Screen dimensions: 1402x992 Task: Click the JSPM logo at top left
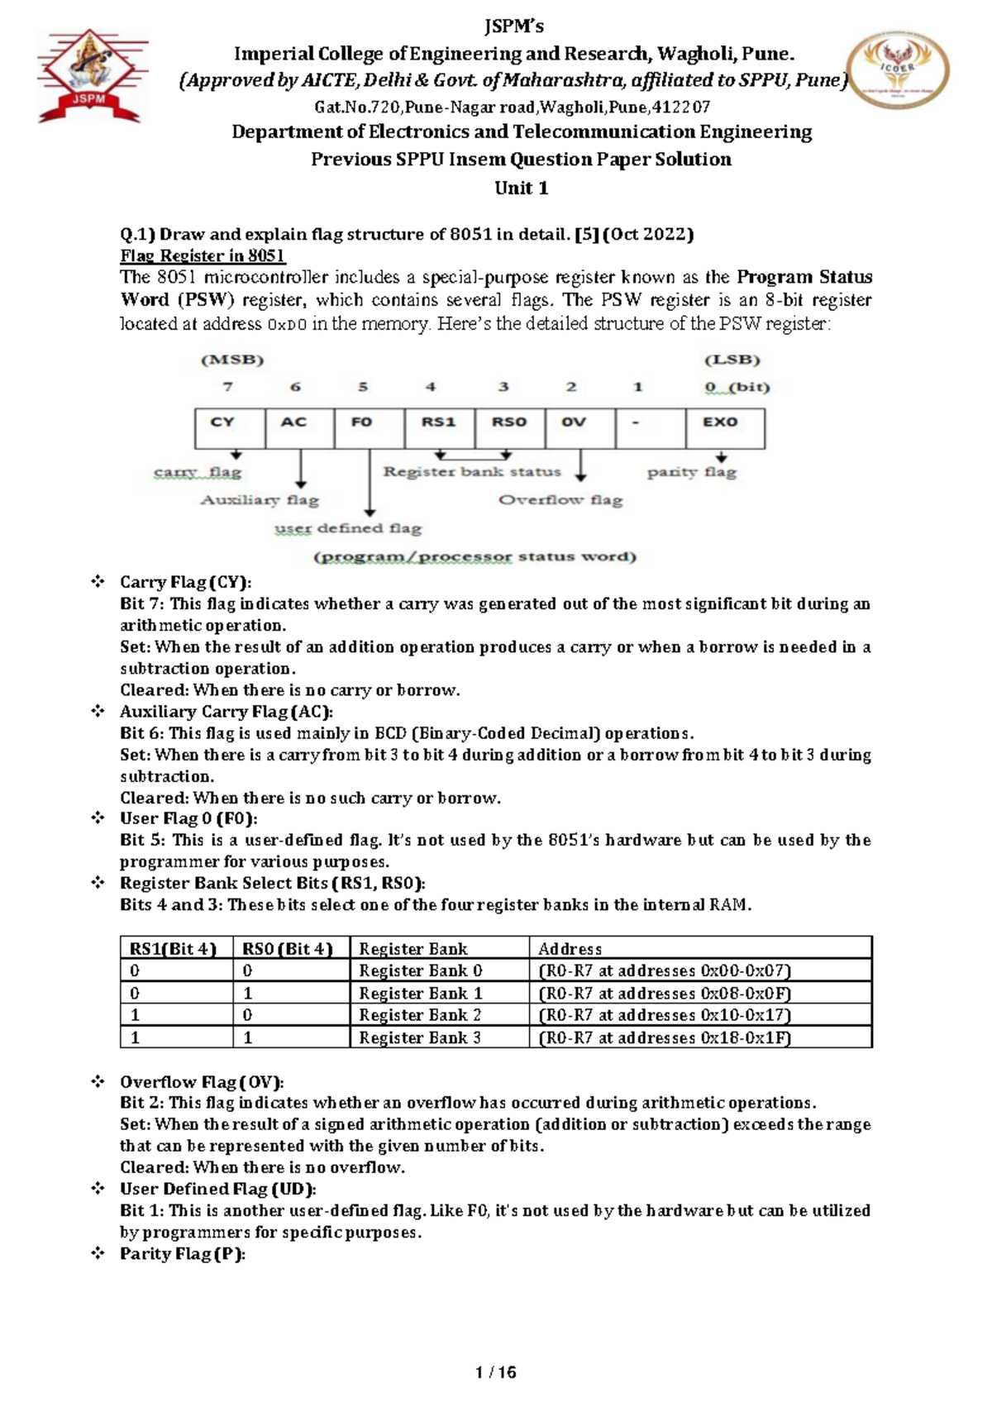point(91,76)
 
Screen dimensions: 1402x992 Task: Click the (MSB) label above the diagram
point(232,360)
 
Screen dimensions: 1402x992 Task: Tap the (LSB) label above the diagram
point(732,360)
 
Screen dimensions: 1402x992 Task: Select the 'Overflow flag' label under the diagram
point(560,500)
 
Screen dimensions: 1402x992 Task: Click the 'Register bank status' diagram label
point(472,472)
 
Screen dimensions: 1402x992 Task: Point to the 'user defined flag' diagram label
point(348,528)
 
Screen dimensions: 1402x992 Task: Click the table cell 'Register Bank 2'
point(420,1015)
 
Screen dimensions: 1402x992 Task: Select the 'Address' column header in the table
point(570,949)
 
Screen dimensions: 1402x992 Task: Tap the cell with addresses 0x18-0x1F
point(665,1037)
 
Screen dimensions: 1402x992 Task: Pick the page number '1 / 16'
point(496,1372)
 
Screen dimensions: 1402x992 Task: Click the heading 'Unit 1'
point(521,188)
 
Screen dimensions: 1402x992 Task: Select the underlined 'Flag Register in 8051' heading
point(203,255)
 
